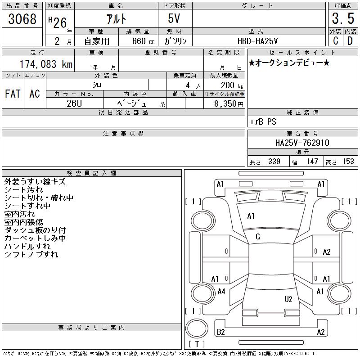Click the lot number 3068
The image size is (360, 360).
22,19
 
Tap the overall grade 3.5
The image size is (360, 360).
343,18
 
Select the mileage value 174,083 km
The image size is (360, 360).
46,64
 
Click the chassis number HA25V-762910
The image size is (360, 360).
302,143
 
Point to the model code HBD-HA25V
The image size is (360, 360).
257,41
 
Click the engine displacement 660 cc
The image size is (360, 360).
143,41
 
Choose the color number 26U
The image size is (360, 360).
74,103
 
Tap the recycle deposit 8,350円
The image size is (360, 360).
229,104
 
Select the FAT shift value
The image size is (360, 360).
13,94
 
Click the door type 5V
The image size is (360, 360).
174,18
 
